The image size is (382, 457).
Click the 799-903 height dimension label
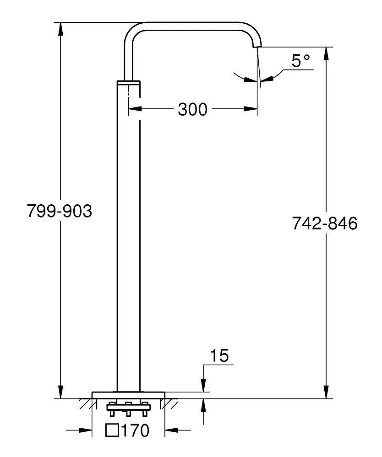tap(59, 211)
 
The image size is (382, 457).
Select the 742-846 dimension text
tap(325, 223)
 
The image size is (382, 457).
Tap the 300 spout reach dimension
tap(193, 109)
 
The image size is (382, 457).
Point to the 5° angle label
tap(300, 61)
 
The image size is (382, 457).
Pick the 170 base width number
tap(135, 430)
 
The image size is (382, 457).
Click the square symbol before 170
tap(112, 430)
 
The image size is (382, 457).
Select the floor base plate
tap(129, 395)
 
